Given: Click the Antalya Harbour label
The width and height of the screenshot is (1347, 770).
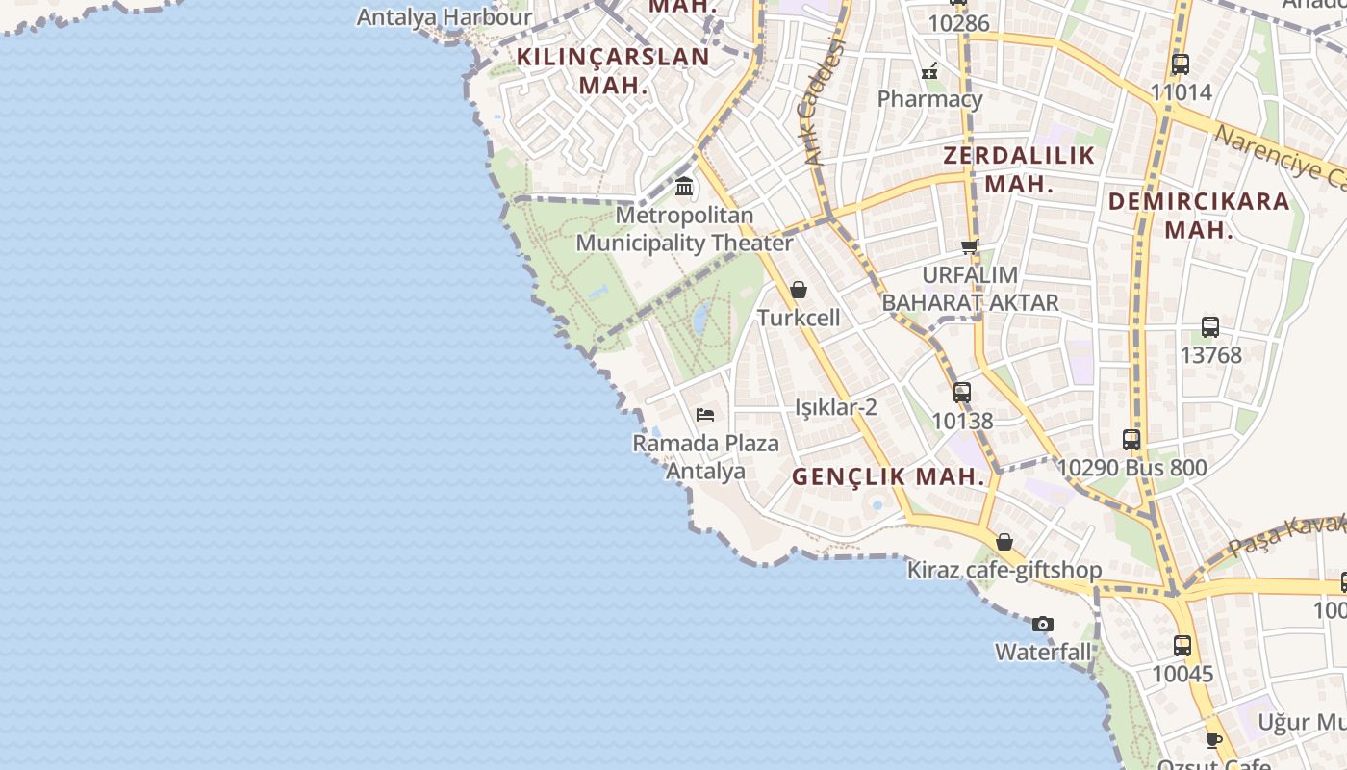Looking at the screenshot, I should [444, 17].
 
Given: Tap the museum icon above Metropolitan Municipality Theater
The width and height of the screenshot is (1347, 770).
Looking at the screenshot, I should [684, 186].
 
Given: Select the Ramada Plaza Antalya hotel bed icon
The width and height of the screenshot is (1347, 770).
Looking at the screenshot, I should [705, 415].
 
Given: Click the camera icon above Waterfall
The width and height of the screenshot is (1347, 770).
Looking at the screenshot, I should [1043, 624].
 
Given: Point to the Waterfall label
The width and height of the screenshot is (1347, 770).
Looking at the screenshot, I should [1043, 653].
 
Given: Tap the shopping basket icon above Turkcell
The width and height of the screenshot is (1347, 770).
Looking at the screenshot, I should [798, 290].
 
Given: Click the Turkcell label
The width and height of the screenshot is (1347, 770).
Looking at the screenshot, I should [799, 318].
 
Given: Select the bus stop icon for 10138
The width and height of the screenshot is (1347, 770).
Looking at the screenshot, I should [962, 393].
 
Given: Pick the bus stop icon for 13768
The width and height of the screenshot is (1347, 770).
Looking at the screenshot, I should [1210, 327].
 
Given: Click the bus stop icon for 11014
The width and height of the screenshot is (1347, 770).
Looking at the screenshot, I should [1181, 65].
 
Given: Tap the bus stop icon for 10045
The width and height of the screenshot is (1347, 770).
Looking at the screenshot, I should [1182, 646].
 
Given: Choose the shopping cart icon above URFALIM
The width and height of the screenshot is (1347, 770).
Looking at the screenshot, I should [970, 247].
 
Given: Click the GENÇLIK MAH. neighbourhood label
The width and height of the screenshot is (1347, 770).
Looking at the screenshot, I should [889, 476].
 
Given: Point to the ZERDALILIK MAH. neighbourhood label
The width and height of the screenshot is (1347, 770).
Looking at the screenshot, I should [1019, 169].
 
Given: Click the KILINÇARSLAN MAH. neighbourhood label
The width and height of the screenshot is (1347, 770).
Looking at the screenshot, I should [613, 70].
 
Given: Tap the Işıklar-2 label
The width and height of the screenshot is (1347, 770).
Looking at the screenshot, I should [836, 407].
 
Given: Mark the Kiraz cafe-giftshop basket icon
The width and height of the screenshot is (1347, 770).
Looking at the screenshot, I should [1004, 542].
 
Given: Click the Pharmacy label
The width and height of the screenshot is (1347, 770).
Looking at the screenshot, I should [929, 99].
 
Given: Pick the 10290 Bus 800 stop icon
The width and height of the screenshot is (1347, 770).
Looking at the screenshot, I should [1131, 440].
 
